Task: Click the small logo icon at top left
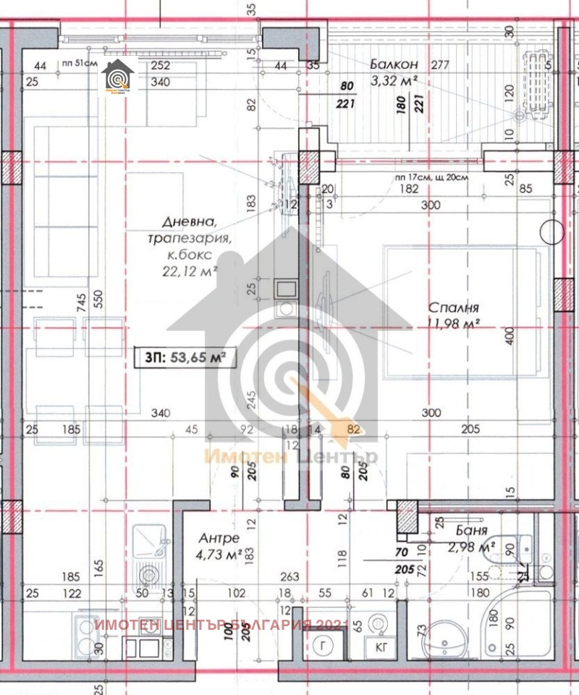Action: pos(116,77)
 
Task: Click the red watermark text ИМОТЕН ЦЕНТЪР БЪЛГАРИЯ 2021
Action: pos(221,625)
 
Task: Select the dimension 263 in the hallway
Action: pos(289,577)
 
